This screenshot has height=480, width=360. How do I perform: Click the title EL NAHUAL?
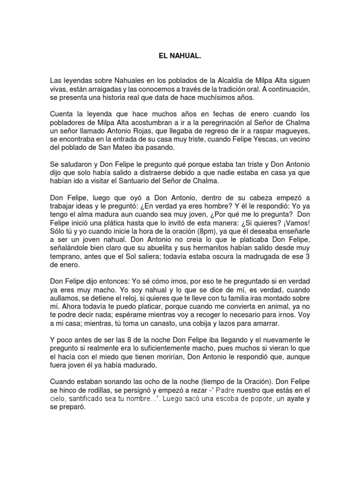point(180,56)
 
